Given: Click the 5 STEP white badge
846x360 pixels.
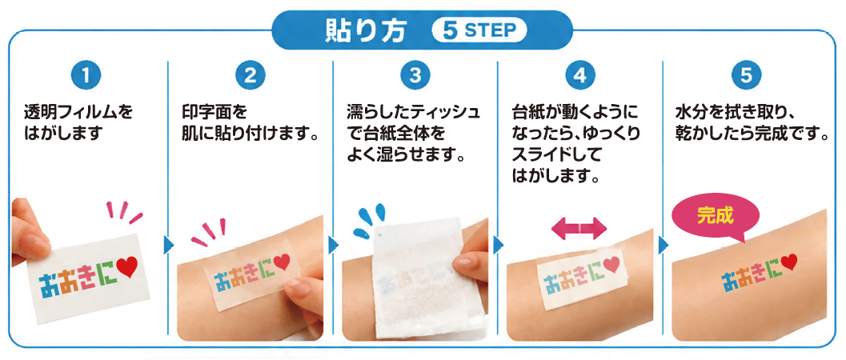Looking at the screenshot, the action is [x=479, y=30].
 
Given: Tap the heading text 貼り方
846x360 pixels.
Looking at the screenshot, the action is [x=364, y=30].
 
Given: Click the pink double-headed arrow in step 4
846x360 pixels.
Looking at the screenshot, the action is [x=579, y=229].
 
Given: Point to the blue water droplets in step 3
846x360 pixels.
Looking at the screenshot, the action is [x=368, y=220].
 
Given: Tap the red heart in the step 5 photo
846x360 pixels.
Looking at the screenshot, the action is [x=789, y=262].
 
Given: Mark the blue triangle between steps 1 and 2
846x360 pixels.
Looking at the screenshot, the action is [x=169, y=246].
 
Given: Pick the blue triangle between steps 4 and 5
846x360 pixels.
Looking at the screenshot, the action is [x=664, y=246].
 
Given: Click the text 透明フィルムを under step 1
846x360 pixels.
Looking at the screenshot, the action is [x=78, y=113].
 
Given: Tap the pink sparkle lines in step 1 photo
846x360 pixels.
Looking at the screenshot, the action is [x=125, y=212].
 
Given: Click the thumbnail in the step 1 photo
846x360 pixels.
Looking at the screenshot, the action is [x=35, y=244].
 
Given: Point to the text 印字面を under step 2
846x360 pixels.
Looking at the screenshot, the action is [x=215, y=113].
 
